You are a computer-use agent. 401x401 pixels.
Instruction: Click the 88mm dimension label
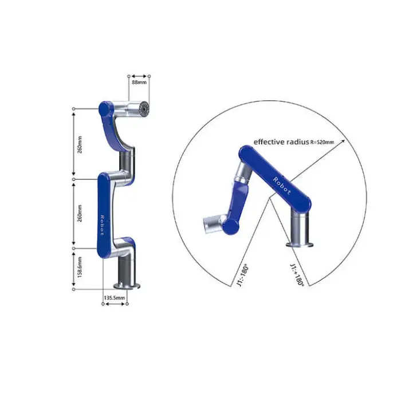pos(139,82)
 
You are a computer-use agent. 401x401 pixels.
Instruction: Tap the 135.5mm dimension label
pos(115,298)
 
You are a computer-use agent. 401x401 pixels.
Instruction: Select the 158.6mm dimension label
pos(80,268)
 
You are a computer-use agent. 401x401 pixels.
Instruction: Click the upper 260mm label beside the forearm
pos(80,145)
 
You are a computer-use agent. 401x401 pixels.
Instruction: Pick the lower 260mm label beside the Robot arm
pos(80,213)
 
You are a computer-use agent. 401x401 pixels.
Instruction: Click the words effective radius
pos(281,142)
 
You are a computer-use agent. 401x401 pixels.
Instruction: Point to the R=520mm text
pos(322,143)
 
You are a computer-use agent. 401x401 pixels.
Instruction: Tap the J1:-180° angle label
pos(243,276)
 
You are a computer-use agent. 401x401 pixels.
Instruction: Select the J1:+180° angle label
pos(297,275)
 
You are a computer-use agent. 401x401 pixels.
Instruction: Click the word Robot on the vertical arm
pos(102,225)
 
